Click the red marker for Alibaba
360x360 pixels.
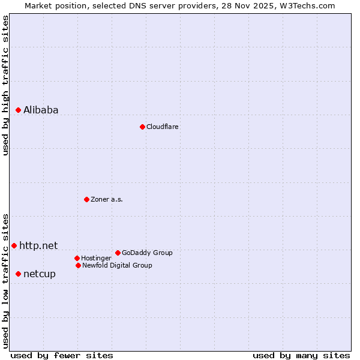pyautogui.click(x=18, y=110)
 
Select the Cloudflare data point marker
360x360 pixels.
pyautogui.click(x=142, y=127)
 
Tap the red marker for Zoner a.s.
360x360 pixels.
pyautogui.click(x=86, y=199)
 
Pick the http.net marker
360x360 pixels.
pyautogui.click(x=14, y=245)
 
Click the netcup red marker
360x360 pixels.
pyautogui.click(x=18, y=274)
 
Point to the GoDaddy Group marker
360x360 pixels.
pyautogui.click(x=118, y=253)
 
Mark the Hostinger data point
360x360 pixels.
pyautogui.click(x=77, y=258)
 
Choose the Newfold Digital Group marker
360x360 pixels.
pyautogui.click(x=78, y=265)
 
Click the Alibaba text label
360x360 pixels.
pyautogui.click(x=41, y=110)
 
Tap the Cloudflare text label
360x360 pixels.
pyautogui.click(x=162, y=127)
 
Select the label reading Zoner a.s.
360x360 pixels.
pyautogui.click(x=107, y=199)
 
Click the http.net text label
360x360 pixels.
pyautogui.click(x=38, y=245)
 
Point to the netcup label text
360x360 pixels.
pyautogui.click(x=40, y=274)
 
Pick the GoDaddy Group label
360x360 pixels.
pyautogui.click(x=147, y=253)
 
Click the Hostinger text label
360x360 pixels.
pyautogui.click(x=96, y=258)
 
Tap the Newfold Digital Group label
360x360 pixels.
pyautogui.click(x=117, y=265)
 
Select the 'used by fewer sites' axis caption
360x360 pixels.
pyautogui.click(x=62, y=355)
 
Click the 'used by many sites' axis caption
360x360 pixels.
pyautogui.click(x=301, y=355)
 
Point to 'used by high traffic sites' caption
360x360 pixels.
pyautogui.click(x=5, y=85)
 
